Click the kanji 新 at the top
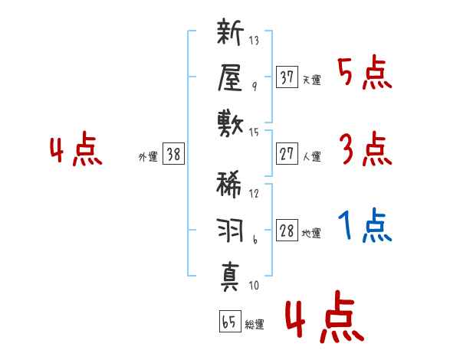230,34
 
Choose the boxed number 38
173,154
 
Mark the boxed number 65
228,322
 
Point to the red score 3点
365,149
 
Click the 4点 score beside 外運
76,151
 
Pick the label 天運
311,80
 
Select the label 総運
255,326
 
